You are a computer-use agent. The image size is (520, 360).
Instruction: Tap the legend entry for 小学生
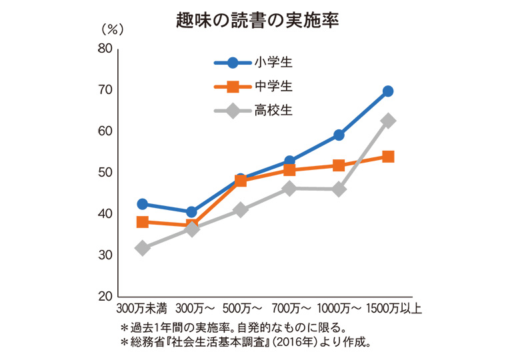click(273, 63)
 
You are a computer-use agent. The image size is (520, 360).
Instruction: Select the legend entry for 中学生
click(273, 87)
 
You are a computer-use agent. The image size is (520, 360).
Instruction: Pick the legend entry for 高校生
click(273, 111)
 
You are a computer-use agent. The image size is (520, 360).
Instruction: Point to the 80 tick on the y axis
click(104, 49)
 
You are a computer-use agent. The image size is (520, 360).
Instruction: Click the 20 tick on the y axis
click(104, 297)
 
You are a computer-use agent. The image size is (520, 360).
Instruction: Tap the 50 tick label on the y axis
click(104, 173)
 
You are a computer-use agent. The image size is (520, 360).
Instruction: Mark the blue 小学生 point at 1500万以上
click(388, 91)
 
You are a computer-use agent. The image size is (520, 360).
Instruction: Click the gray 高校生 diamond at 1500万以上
click(388, 121)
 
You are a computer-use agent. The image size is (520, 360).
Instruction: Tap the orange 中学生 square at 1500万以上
click(388, 157)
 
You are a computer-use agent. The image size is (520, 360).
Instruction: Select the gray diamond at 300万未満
click(142, 248)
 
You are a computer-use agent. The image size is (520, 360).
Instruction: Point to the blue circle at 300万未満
click(142, 204)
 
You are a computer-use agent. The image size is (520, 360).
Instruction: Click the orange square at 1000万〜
click(339, 165)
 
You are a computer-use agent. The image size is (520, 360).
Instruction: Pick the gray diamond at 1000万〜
click(339, 189)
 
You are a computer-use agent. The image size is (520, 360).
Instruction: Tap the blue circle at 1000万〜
click(339, 135)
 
